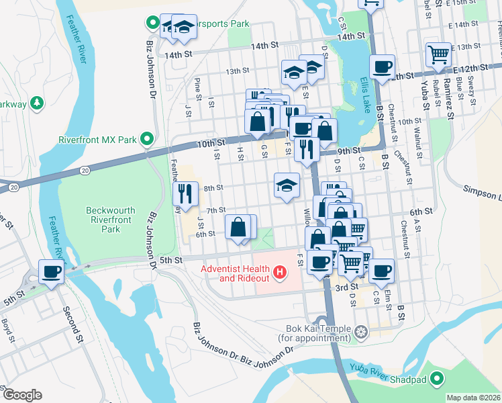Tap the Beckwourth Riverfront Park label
pos(111,220)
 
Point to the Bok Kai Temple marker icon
pos(362,331)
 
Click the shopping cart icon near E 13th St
pos(438,54)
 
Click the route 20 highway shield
pos(85,171)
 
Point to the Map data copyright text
pos(473,398)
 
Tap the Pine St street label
pos(198,86)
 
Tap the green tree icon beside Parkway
pos(38,103)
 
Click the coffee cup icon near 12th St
pos(382,68)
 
